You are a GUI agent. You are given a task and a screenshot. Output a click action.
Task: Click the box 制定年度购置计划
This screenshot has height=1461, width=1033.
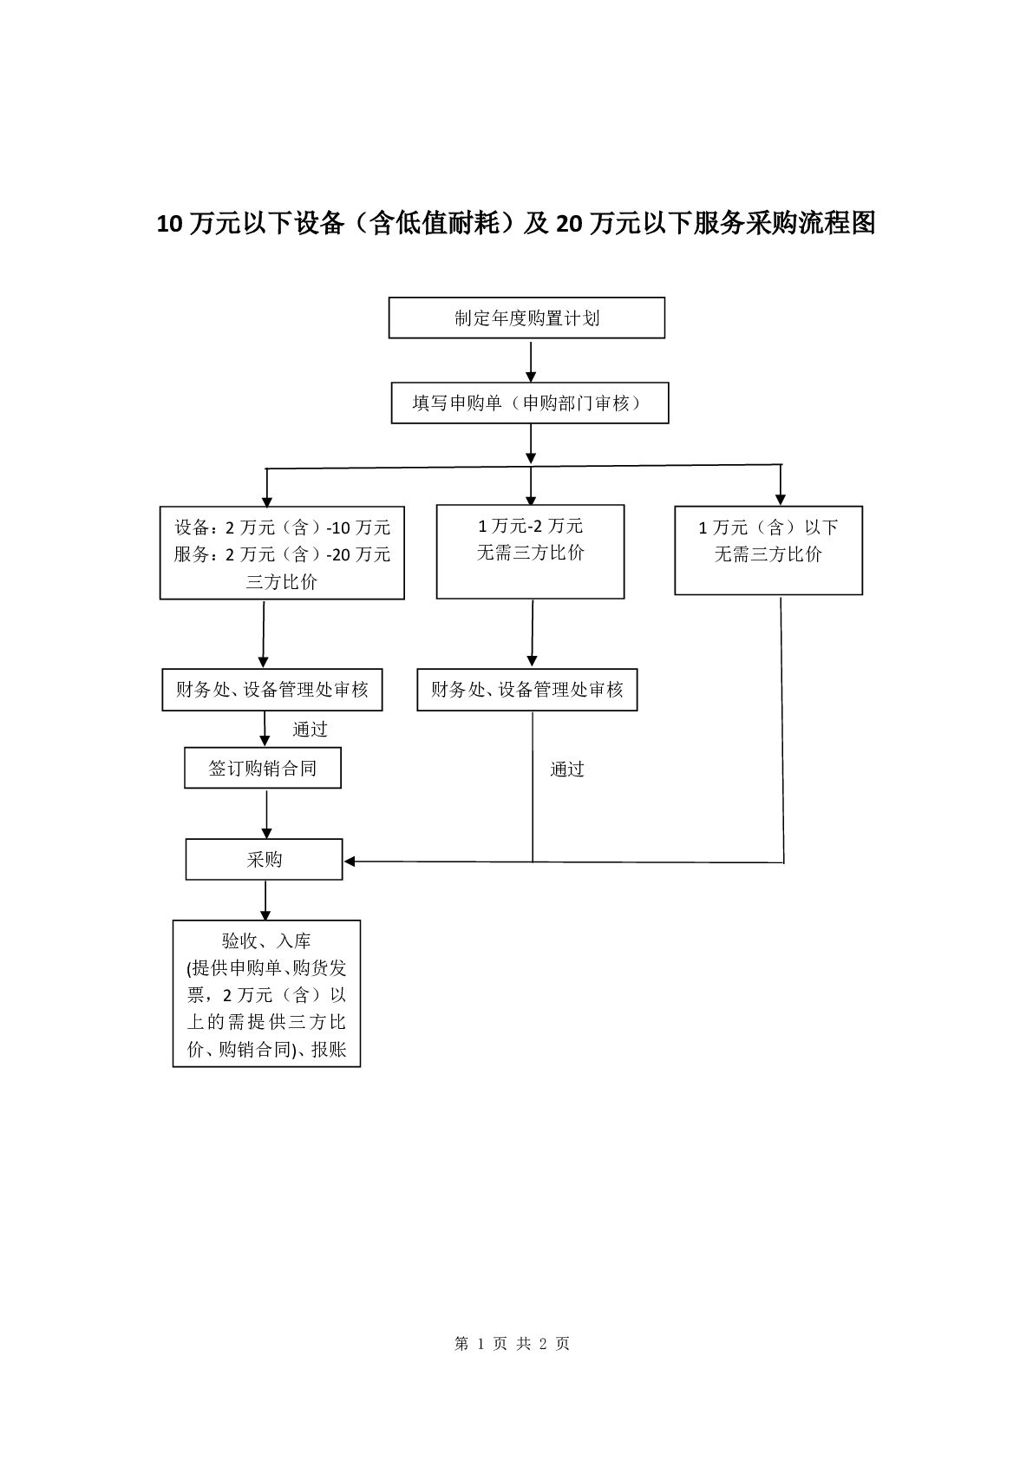coord(526,318)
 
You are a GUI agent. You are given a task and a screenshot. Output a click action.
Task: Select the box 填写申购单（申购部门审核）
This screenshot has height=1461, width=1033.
coord(530,403)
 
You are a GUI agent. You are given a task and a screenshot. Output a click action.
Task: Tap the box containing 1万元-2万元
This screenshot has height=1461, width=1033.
coord(530,552)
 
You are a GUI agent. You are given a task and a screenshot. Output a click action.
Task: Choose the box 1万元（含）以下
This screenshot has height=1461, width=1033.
coord(768,551)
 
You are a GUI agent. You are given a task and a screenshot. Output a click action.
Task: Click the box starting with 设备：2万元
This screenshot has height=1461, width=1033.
coord(282,554)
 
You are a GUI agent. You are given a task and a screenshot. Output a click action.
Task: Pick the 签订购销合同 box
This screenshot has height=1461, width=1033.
coord(263,768)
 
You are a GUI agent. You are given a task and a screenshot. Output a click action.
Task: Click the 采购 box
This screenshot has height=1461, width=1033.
coord(265,859)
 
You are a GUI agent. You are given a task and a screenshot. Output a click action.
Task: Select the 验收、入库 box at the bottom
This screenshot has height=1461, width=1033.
coord(267,993)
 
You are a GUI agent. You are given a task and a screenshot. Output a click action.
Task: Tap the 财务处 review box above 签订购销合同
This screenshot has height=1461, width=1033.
coord(272,690)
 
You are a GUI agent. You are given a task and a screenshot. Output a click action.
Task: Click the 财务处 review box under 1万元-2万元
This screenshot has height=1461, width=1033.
coord(527,690)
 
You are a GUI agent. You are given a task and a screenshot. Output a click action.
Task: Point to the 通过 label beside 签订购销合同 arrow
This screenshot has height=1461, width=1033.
coord(310,729)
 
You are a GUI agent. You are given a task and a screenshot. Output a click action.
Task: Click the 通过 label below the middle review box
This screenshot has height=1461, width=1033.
coord(566,770)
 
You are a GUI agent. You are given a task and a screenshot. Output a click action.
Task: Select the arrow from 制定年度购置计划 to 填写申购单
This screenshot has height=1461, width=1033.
coord(531,361)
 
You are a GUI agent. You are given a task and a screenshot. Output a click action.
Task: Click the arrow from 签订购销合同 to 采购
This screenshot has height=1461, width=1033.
coord(267,814)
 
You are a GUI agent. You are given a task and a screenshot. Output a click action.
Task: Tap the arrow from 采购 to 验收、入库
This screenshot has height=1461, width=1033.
coord(265,901)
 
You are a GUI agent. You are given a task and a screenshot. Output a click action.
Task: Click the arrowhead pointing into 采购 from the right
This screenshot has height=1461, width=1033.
coord(349,862)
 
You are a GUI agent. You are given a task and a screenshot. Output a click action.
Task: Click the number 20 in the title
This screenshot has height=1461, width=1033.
coord(569,224)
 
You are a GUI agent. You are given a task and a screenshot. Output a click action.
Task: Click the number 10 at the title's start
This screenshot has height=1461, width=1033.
coord(169,224)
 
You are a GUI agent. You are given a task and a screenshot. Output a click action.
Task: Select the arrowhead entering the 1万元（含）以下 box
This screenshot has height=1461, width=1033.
coord(781,501)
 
